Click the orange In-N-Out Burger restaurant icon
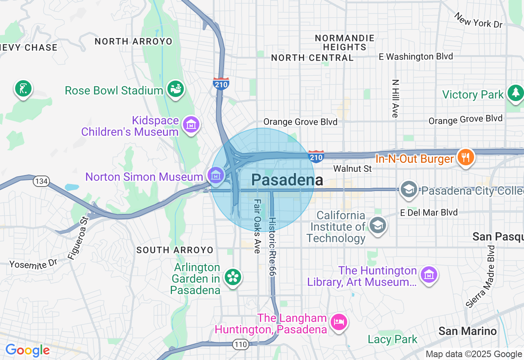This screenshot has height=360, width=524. (465, 157)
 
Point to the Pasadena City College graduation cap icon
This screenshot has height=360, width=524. (409, 189)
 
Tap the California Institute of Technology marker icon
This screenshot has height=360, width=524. (377, 225)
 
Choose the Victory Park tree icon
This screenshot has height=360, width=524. (515, 93)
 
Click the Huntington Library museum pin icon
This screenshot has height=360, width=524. (429, 274)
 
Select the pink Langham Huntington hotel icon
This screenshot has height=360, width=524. (339, 322)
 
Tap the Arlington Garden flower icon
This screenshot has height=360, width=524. (233, 277)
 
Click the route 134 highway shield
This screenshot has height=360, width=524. (41, 181)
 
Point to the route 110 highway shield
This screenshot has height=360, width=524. (241, 344)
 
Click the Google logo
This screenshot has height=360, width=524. (27, 350)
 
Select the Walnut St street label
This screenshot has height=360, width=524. (352, 169)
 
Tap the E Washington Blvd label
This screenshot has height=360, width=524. (416, 56)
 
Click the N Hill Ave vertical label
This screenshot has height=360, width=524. (395, 99)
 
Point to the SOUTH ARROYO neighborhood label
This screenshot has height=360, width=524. (175, 250)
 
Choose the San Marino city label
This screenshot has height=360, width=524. (468, 331)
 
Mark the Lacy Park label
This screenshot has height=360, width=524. (393, 339)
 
